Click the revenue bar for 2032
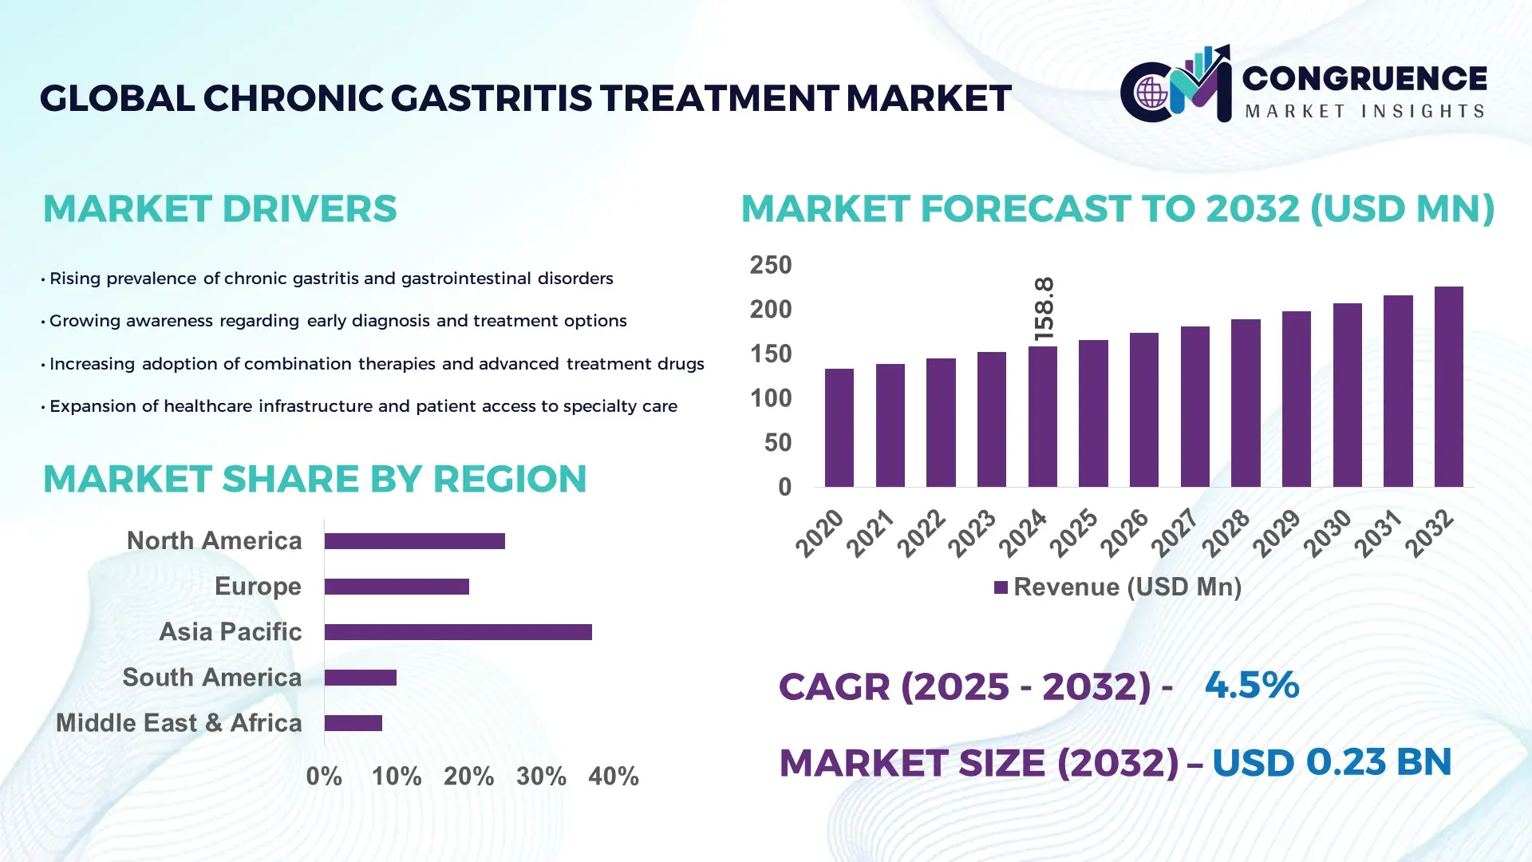point(1448,387)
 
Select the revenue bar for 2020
point(839,428)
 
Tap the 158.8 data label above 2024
point(1044,309)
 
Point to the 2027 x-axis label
point(1175,532)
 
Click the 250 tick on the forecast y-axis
point(770,265)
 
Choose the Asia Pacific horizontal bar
point(458,632)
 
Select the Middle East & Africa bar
point(353,723)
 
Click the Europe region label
point(258,587)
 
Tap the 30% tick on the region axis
point(541,776)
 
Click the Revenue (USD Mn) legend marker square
point(1001,587)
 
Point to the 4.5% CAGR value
point(1251,685)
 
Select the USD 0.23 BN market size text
point(1331,762)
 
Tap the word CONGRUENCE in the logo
point(1364,78)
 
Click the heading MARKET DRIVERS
point(219,209)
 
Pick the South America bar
point(361,678)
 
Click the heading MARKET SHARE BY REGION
point(314,479)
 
